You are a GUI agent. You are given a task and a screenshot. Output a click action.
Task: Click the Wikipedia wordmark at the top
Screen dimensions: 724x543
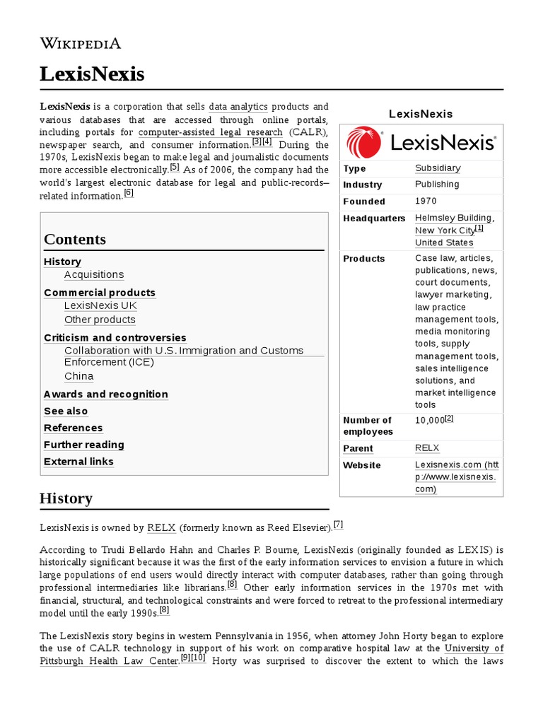click(80, 44)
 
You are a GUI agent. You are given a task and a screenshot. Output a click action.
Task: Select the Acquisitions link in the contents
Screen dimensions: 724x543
click(93, 274)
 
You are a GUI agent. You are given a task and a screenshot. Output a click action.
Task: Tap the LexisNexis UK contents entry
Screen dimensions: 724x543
click(100, 305)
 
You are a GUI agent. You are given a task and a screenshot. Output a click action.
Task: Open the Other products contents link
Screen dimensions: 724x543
click(100, 320)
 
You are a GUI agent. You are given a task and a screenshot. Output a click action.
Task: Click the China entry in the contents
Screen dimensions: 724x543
click(78, 376)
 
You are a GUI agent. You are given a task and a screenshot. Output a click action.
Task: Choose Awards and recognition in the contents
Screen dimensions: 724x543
click(106, 394)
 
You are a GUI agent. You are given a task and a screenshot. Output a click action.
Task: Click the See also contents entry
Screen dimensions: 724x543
click(66, 411)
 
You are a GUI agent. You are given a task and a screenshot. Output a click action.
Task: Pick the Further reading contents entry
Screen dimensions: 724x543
click(83, 445)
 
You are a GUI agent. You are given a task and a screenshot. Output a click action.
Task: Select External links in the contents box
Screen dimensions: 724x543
click(78, 462)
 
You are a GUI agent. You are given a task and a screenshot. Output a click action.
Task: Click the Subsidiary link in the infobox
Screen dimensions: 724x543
click(438, 168)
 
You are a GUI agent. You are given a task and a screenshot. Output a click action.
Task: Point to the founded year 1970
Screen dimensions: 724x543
click(426, 202)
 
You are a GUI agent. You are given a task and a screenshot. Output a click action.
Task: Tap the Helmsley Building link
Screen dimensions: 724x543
click(453, 218)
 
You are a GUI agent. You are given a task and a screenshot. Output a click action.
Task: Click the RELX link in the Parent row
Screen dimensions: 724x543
click(427, 448)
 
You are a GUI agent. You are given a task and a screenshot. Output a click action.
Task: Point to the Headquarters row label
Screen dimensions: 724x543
click(374, 218)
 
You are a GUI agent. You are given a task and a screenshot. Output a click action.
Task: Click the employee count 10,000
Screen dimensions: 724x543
click(429, 421)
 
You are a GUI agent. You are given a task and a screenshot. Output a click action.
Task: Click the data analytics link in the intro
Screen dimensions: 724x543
click(238, 107)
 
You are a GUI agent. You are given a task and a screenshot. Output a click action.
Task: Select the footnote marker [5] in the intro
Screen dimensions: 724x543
click(175, 168)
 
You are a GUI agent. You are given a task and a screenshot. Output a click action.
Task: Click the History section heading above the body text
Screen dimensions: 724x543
click(66, 498)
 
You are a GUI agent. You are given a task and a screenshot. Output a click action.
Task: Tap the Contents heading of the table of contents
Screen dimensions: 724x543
click(75, 239)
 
